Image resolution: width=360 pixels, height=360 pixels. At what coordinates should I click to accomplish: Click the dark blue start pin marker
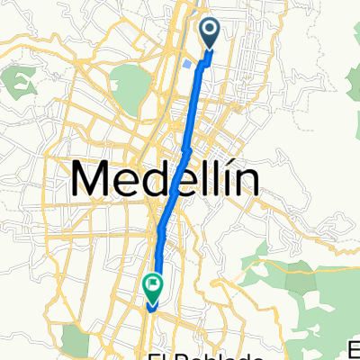click(209, 34)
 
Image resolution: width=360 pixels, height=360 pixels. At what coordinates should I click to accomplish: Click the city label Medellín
click(166, 180)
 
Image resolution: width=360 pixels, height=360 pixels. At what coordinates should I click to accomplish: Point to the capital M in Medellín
click(92, 180)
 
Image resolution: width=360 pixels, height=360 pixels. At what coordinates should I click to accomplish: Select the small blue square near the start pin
click(185, 64)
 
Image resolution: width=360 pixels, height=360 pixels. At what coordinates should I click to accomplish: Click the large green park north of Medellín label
click(131, 85)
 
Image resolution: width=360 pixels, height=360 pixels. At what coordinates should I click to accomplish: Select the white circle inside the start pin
click(209, 32)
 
